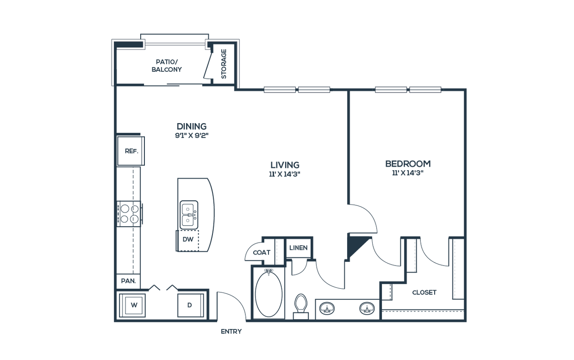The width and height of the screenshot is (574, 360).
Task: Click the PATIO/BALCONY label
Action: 167,66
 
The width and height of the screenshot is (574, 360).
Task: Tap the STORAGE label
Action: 224,64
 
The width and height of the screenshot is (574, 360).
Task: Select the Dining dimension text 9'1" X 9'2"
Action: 192,136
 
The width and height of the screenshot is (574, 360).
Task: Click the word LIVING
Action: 285,165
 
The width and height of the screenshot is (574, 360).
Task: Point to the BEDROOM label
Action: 408,164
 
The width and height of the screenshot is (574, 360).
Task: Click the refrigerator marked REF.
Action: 131,151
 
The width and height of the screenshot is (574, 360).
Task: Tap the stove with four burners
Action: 130,214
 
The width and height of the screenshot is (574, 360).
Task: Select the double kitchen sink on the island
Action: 189,215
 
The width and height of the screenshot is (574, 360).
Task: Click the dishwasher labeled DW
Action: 187,241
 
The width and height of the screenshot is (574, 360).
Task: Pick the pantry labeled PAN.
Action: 128,281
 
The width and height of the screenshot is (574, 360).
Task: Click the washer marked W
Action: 132,305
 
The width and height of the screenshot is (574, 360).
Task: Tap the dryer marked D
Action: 191,305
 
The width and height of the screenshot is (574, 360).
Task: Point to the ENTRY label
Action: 231,332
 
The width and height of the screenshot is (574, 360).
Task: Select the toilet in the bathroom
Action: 301,307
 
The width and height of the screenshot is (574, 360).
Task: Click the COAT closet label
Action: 262,253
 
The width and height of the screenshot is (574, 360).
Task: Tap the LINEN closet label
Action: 299,248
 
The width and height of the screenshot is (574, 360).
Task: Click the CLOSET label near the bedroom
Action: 424,292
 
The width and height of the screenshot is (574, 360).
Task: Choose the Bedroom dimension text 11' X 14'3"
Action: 408,173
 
